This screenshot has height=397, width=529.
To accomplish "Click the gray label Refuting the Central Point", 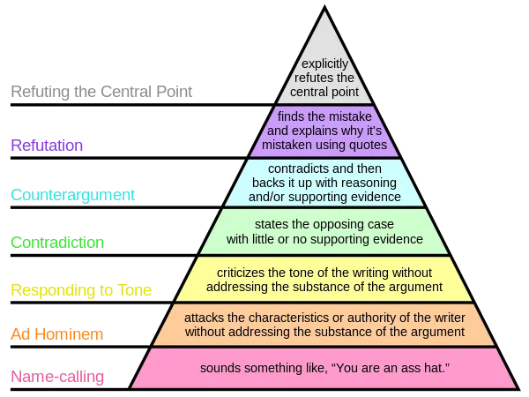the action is (x=101, y=92).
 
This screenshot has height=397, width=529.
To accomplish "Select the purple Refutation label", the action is (x=47, y=146).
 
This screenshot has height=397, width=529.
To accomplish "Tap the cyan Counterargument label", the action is (x=73, y=195).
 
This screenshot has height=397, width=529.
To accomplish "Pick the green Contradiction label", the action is (x=57, y=243).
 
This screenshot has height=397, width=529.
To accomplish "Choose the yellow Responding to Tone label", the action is (x=81, y=290).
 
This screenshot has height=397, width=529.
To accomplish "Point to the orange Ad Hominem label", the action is (x=57, y=334).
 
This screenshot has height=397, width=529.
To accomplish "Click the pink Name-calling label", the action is (x=57, y=377).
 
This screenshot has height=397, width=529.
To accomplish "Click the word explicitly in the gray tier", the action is (x=324, y=64).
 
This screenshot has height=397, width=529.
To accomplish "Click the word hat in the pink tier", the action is (x=436, y=368).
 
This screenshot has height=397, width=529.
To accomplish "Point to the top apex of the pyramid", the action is (x=324, y=6).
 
